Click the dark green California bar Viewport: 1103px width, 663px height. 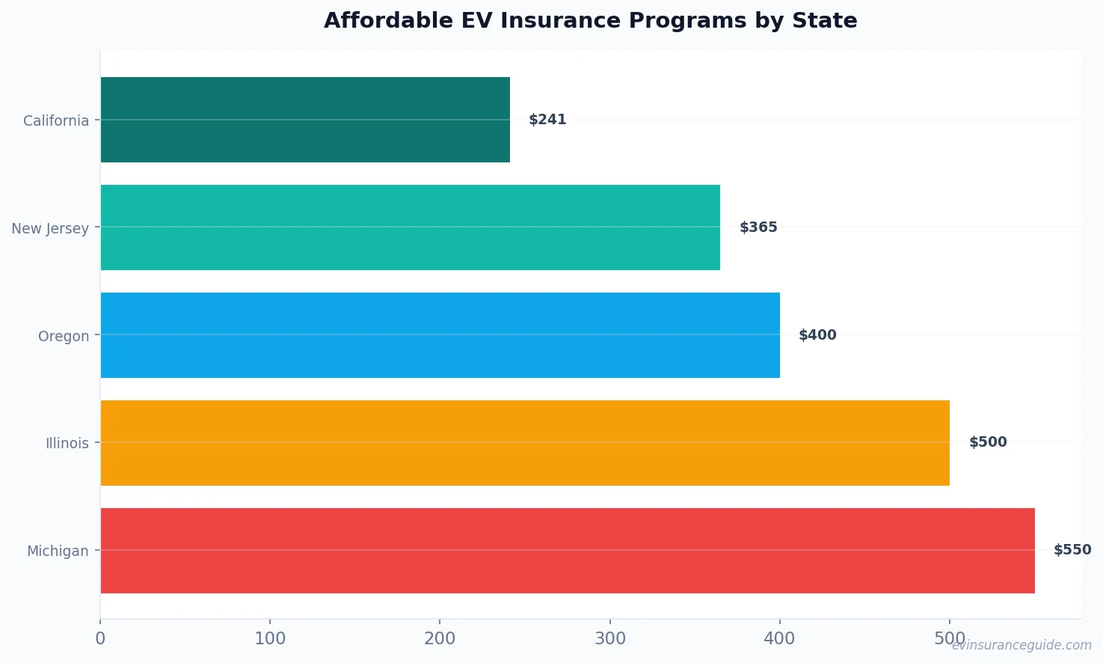click(x=305, y=120)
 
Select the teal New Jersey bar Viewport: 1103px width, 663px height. click(x=410, y=227)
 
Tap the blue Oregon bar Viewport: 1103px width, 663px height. click(x=440, y=335)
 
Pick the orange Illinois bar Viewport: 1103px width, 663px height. click(x=525, y=443)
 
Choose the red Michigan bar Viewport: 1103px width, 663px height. click(x=568, y=551)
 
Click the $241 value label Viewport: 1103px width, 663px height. click(x=547, y=120)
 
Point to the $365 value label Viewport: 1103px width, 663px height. click(x=758, y=227)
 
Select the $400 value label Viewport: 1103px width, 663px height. click(x=817, y=335)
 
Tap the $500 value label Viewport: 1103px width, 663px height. click(x=988, y=442)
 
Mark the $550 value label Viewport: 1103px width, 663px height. click(x=1072, y=550)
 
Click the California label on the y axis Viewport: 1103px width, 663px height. click(x=56, y=120)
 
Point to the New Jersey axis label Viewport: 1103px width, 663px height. click(x=50, y=228)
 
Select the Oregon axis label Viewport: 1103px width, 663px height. click(x=64, y=336)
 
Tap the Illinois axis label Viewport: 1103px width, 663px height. click(x=67, y=443)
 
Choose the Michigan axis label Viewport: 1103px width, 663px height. click(x=58, y=551)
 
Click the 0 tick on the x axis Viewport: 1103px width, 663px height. click(x=100, y=638)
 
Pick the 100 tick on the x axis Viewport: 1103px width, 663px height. click(x=270, y=638)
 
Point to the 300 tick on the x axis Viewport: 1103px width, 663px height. click(x=610, y=638)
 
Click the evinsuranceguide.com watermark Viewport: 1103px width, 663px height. click(x=1021, y=645)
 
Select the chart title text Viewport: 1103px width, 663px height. click(x=591, y=20)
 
